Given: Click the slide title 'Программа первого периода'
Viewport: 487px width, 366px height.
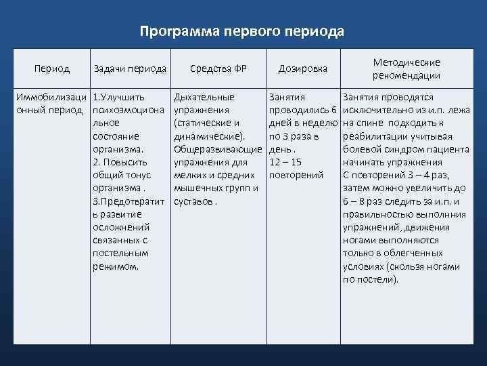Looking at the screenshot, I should click(x=243, y=31).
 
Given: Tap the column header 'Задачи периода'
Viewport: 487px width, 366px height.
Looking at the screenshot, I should click(x=131, y=68).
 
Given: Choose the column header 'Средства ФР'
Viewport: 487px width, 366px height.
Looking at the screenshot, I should click(x=218, y=68).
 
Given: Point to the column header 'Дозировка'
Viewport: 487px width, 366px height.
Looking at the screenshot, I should click(x=303, y=68).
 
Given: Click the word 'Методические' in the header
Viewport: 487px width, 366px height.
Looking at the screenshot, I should click(x=407, y=62).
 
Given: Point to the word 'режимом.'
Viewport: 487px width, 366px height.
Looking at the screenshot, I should click(x=116, y=266).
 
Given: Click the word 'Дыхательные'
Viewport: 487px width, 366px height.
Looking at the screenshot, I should click(x=204, y=97).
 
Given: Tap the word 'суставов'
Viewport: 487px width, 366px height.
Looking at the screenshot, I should click(x=193, y=201).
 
